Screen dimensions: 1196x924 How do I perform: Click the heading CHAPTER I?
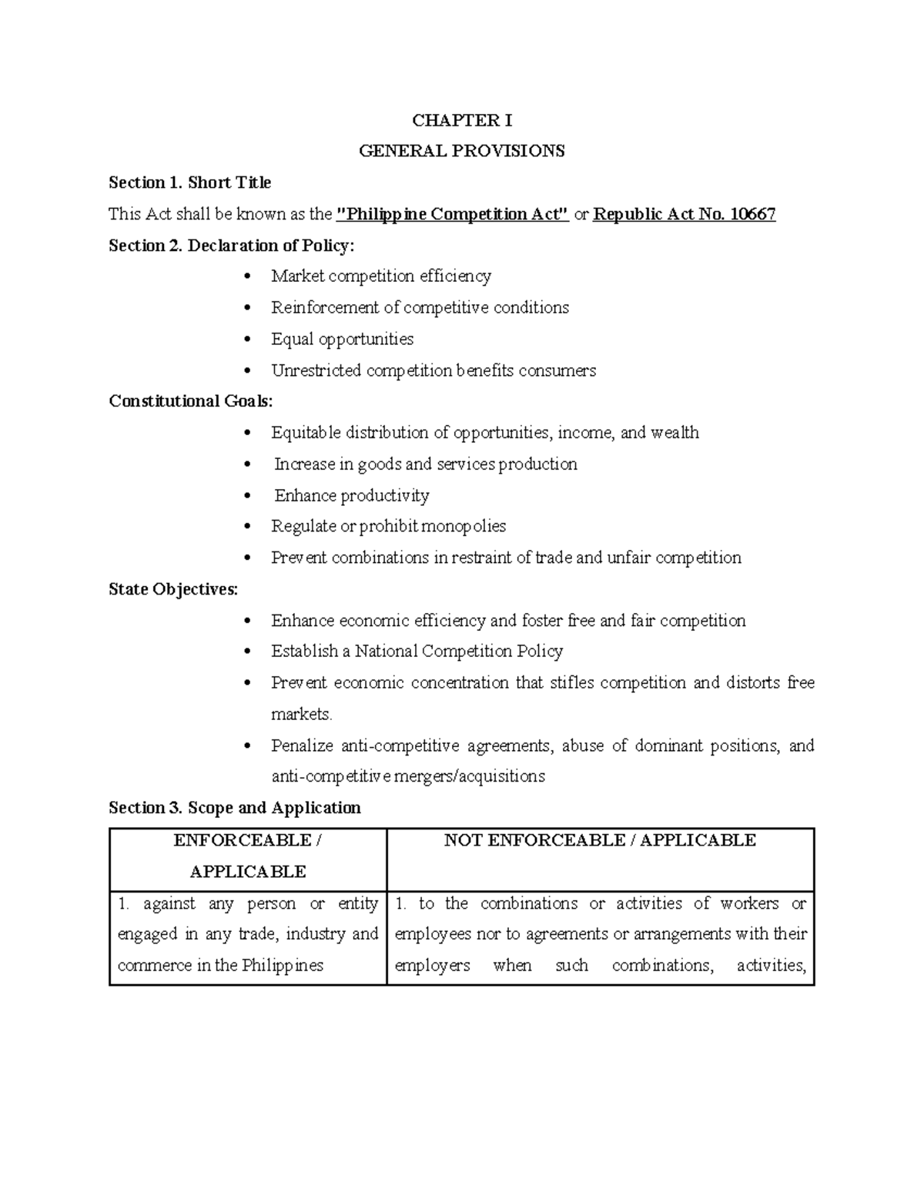pos(461,120)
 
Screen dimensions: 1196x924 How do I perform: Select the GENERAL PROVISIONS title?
pos(461,151)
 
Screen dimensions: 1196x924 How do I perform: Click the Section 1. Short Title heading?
pos(189,183)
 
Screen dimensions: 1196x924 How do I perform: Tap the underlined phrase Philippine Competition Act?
pos(453,214)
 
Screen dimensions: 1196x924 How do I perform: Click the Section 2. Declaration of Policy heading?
pos(232,246)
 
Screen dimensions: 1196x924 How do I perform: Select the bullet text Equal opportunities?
pos(342,339)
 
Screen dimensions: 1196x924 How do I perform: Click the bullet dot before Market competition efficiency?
pos(246,276)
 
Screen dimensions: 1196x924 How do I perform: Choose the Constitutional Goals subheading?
pos(190,401)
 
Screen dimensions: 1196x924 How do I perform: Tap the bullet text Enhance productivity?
pos(352,495)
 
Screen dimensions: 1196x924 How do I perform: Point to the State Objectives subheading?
pos(173,589)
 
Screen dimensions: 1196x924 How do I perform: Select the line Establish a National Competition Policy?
pos(417,652)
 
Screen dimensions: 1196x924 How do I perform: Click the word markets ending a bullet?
pos(300,714)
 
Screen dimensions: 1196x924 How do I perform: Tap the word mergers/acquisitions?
pos(469,776)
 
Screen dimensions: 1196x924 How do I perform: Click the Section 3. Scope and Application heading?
pos(234,808)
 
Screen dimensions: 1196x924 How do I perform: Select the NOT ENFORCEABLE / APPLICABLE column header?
pos(600,840)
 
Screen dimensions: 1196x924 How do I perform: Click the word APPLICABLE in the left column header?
pos(247,872)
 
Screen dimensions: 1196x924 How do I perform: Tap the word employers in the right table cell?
pos(432,966)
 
